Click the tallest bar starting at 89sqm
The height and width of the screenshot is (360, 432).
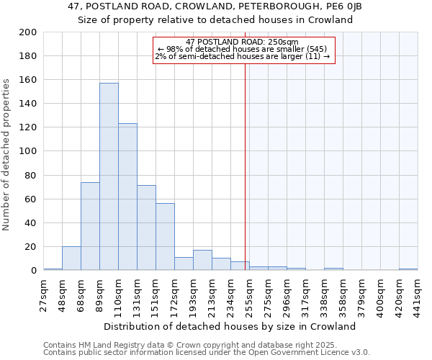point(109,176)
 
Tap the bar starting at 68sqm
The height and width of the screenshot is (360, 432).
point(90,226)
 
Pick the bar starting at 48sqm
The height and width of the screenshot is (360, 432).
point(71,258)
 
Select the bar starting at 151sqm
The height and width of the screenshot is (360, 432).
point(165,237)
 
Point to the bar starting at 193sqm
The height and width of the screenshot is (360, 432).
point(202,260)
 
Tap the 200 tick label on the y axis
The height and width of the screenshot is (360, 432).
point(29,32)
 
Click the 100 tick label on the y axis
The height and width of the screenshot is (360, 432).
point(29,151)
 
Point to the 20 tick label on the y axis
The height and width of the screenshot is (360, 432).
point(31,247)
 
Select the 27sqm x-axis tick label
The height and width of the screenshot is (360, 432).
point(43,294)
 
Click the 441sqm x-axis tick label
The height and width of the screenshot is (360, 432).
point(418,294)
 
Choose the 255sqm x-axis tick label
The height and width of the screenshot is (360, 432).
point(249,294)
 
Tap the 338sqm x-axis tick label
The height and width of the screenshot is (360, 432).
point(324,294)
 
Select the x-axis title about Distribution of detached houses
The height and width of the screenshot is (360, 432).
point(235,326)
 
